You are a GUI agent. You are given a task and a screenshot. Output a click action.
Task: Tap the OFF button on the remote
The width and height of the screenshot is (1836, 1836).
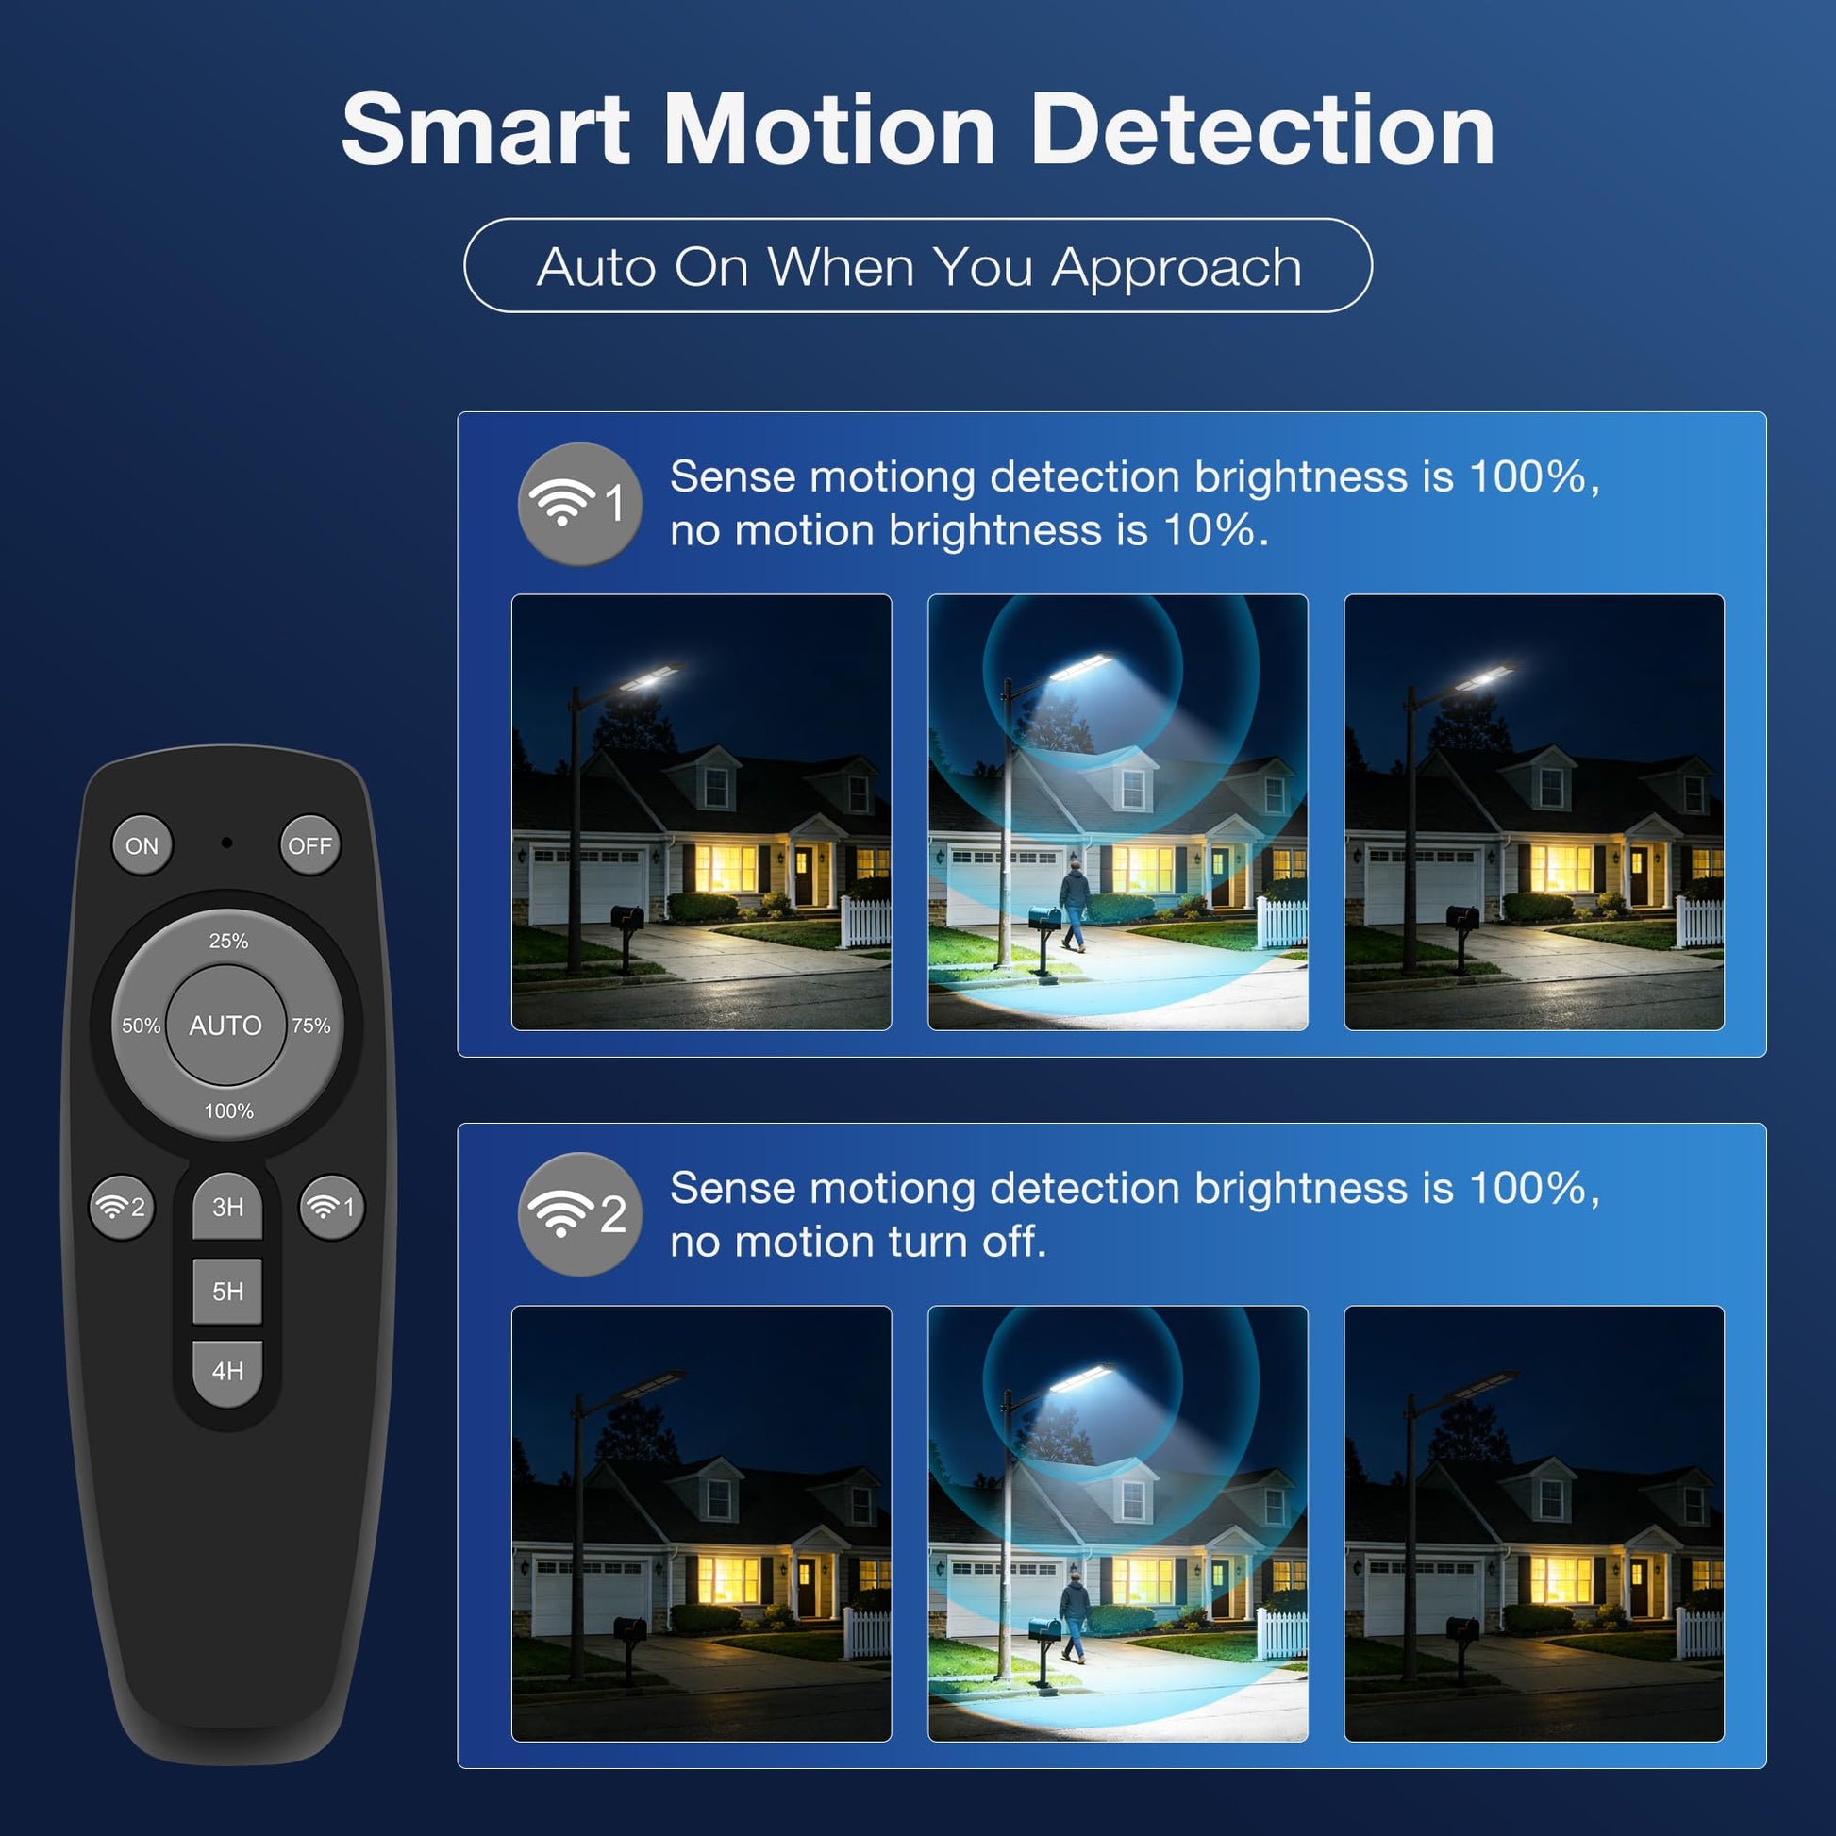[309, 844]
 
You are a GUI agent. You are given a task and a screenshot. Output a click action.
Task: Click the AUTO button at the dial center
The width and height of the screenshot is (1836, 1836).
[226, 1026]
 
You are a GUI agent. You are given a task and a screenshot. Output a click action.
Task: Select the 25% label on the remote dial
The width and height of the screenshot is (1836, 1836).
[228, 941]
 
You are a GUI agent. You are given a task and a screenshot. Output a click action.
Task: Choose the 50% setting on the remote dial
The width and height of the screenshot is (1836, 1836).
[141, 1026]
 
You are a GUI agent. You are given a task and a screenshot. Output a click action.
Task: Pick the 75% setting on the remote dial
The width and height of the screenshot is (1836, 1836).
[311, 1026]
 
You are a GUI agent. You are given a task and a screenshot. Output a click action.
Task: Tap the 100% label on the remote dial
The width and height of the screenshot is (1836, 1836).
[229, 1110]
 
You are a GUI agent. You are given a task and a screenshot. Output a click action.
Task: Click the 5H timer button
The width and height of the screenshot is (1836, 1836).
[227, 1292]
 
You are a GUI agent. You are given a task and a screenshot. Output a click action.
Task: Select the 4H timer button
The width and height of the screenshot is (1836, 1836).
[227, 1372]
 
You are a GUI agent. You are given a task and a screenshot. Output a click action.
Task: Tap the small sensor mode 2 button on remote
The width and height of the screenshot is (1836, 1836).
[122, 1207]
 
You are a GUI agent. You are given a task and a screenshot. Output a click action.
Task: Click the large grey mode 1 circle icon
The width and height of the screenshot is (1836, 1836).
[579, 504]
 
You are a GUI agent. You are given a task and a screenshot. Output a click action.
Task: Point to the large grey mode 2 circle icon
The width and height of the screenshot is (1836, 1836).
[579, 1213]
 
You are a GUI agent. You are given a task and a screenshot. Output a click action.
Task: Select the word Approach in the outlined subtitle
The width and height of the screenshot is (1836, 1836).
[1177, 267]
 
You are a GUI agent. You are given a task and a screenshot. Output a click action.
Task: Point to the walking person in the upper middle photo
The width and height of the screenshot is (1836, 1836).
[1074, 905]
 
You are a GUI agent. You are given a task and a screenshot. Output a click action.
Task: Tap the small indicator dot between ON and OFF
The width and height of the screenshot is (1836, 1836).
[226, 843]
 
